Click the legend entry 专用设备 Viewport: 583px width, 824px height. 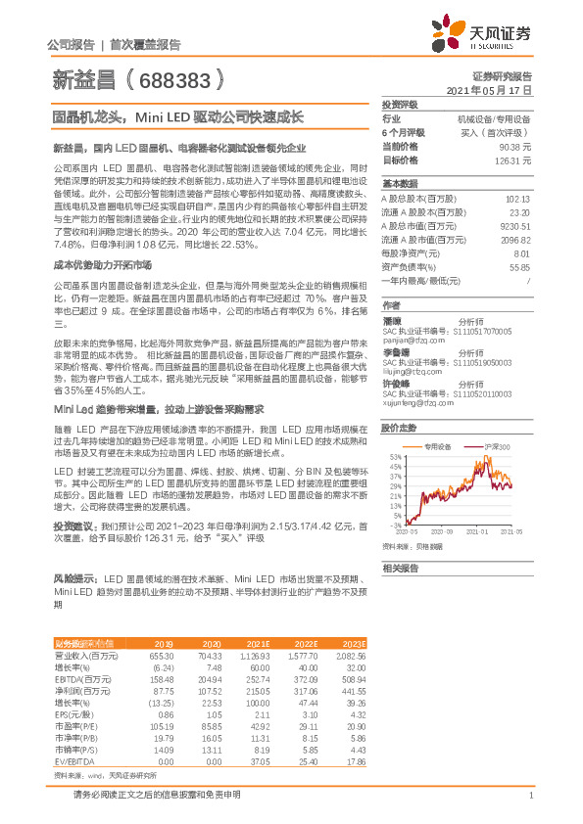(x=439, y=444)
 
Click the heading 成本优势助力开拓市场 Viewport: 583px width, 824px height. (x=92, y=265)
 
